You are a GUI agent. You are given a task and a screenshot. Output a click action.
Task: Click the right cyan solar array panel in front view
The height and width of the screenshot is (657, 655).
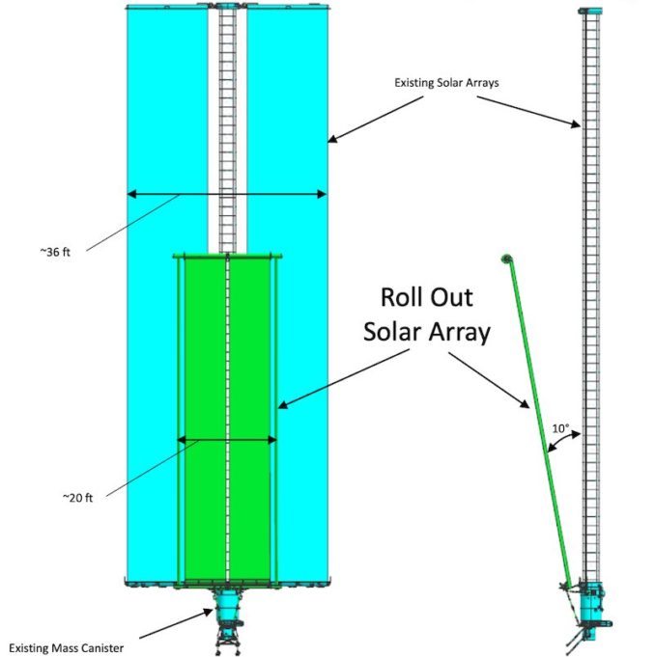pos(290,145)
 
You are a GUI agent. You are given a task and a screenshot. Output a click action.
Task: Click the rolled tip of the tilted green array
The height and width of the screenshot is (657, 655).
pos(505,258)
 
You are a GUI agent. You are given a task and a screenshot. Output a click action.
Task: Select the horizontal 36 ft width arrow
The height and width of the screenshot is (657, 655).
pos(227,195)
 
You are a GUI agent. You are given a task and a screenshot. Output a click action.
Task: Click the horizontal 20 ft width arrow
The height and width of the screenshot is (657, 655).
pos(227,441)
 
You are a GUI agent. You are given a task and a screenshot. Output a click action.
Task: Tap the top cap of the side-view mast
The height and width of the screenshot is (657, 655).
pos(590,9)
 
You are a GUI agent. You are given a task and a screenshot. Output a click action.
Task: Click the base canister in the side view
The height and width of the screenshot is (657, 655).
pos(590,608)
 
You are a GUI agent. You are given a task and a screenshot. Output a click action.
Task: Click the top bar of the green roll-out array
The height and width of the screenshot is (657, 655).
pos(226,256)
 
